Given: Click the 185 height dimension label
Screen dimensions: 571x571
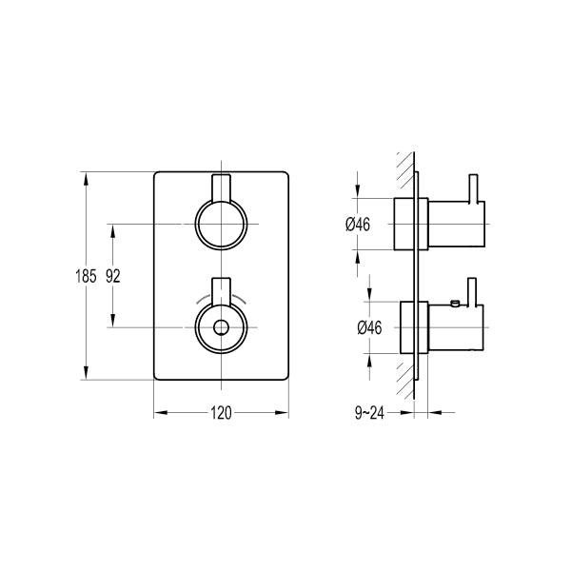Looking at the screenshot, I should pyautogui.click(x=85, y=277).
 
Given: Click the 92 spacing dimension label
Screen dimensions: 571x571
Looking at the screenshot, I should pyautogui.click(x=112, y=277).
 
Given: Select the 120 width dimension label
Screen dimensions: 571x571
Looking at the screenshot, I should pyautogui.click(x=221, y=413).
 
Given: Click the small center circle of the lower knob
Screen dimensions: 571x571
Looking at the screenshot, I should pyautogui.click(x=221, y=327).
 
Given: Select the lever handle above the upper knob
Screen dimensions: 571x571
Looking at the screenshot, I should pyautogui.click(x=221, y=187).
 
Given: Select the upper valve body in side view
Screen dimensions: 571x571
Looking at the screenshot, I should pyautogui.click(x=455, y=225).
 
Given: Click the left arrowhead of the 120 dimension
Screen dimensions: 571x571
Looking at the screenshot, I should pyautogui.click(x=159, y=413).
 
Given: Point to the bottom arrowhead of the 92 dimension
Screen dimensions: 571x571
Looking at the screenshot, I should pyautogui.click(x=114, y=323).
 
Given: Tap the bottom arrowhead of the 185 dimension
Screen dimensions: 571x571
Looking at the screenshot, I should pyautogui.click(x=88, y=375).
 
